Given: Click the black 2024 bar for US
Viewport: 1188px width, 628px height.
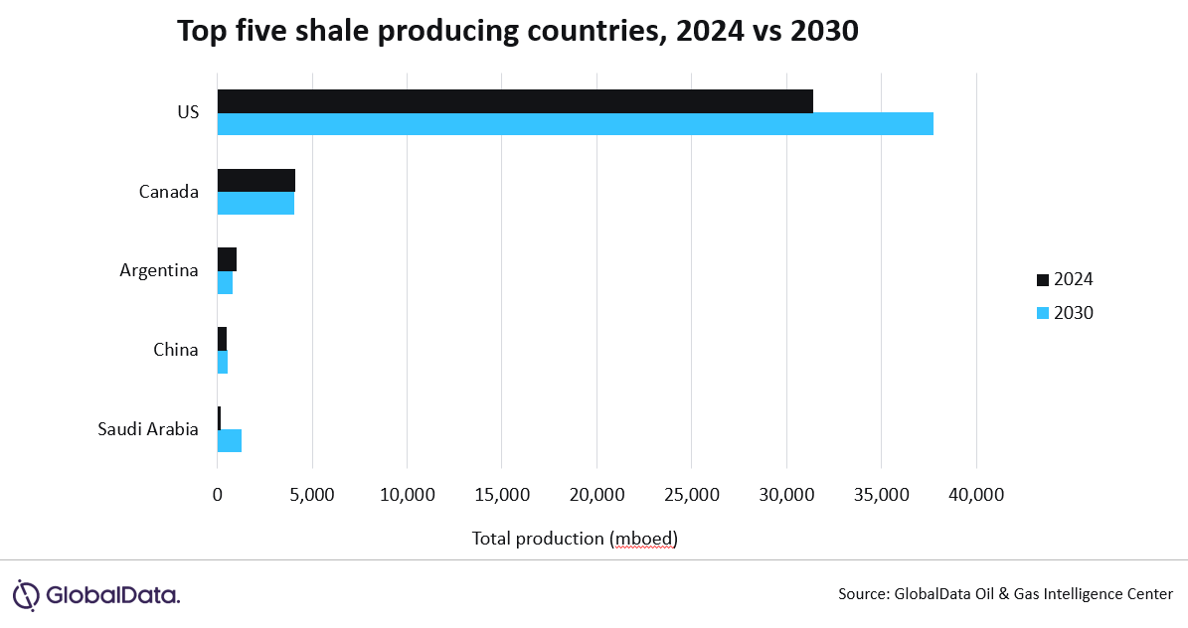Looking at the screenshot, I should pyautogui.click(x=515, y=100).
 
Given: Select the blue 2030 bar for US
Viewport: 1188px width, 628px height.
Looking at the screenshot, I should pyautogui.click(x=575, y=124).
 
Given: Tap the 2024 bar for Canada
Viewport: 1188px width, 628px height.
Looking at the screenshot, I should pyautogui.click(x=256, y=180).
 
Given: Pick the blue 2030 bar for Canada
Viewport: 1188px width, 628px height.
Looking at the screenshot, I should pyautogui.click(x=255, y=203).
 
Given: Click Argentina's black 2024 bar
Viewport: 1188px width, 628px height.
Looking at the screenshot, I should pyautogui.click(x=227, y=258).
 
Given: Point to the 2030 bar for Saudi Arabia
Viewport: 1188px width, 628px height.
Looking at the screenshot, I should pyautogui.click(x=230, y=440).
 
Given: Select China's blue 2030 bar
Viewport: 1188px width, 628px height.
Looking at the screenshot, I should pyautogui.click(x=223, y=362).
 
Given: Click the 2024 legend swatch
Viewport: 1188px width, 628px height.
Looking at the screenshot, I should pyautogui.click(x=1042, y=279).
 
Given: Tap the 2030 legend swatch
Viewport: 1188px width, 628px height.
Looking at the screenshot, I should pyautogui.click(x=1042, y=313).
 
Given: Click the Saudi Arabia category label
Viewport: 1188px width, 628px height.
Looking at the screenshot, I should pyautogui.click(x=148, y=429).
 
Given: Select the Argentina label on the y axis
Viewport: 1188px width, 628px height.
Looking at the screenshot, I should pyautogui.click(x=159, y=269).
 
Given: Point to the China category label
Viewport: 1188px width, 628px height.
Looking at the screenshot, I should pyautogui.click(x=176, y=350).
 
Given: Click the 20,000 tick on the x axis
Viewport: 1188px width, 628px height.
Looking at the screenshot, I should pyautogui.click(x=596, y=494).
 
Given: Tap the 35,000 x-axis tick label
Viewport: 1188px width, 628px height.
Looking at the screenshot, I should pyautogui.click(x=882, y=494).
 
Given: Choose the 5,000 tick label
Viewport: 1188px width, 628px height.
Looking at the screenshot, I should pyautogui.click(x=312, y=494).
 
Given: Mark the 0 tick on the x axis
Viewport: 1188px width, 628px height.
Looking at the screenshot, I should pyautogui.click(x=218, y=494).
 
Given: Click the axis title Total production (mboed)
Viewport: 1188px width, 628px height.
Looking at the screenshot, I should pyautogui.click(x=575, y=539).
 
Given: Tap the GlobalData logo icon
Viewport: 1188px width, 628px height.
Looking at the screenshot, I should pyautogui.click(x=27, y=594).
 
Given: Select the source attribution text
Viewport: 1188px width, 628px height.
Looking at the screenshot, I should pyautogui.click(x=1005, y=594).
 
